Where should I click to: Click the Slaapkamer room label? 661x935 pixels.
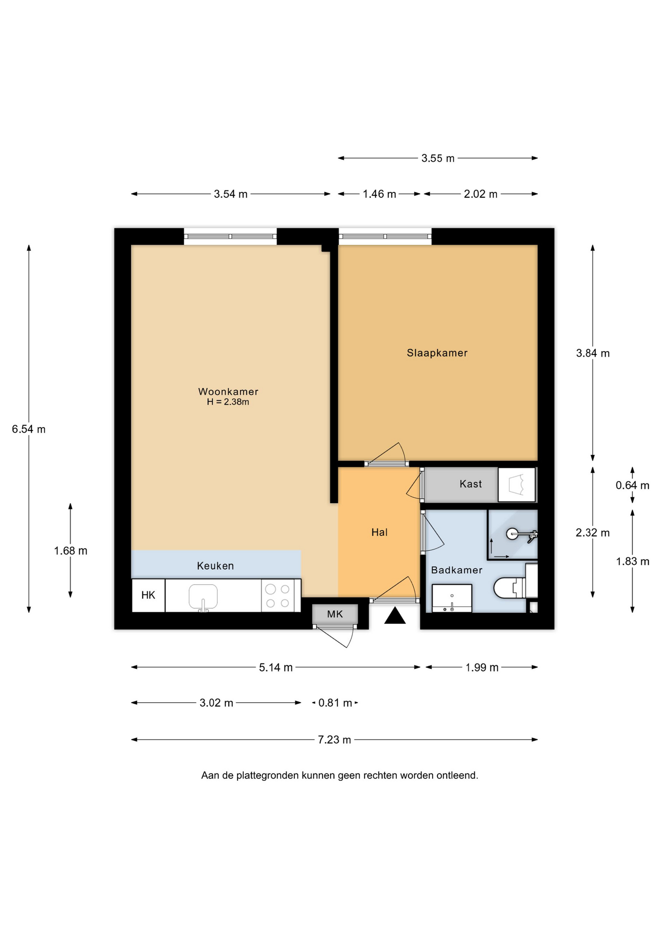coord(437,353)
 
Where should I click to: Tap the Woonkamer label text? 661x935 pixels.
coord(228,392)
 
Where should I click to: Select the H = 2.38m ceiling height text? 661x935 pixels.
coord(228,402)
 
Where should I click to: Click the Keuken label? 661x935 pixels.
coord(215,566)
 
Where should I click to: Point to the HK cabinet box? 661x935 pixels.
coord(148,595)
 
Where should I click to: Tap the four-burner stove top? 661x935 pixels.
coord(278,596)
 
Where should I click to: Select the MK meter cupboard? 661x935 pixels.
coord(335,614)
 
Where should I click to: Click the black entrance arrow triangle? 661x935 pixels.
coord(395,616)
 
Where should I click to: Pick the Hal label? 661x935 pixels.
coord(379,532)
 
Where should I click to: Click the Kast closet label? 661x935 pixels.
coord(471,484)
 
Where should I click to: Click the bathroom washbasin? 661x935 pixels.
coord(452,598)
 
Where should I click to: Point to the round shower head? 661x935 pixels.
coord(513,534)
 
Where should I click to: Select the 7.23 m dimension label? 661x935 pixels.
coord(334,740)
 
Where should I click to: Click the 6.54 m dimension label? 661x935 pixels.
coord(29,429)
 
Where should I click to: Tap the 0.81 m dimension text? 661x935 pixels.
coord(335,703)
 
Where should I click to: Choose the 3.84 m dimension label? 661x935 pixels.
coord(593,353)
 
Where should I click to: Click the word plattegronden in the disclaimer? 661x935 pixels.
coord(268,775)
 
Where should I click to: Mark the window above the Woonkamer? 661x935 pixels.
coord(230,237)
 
